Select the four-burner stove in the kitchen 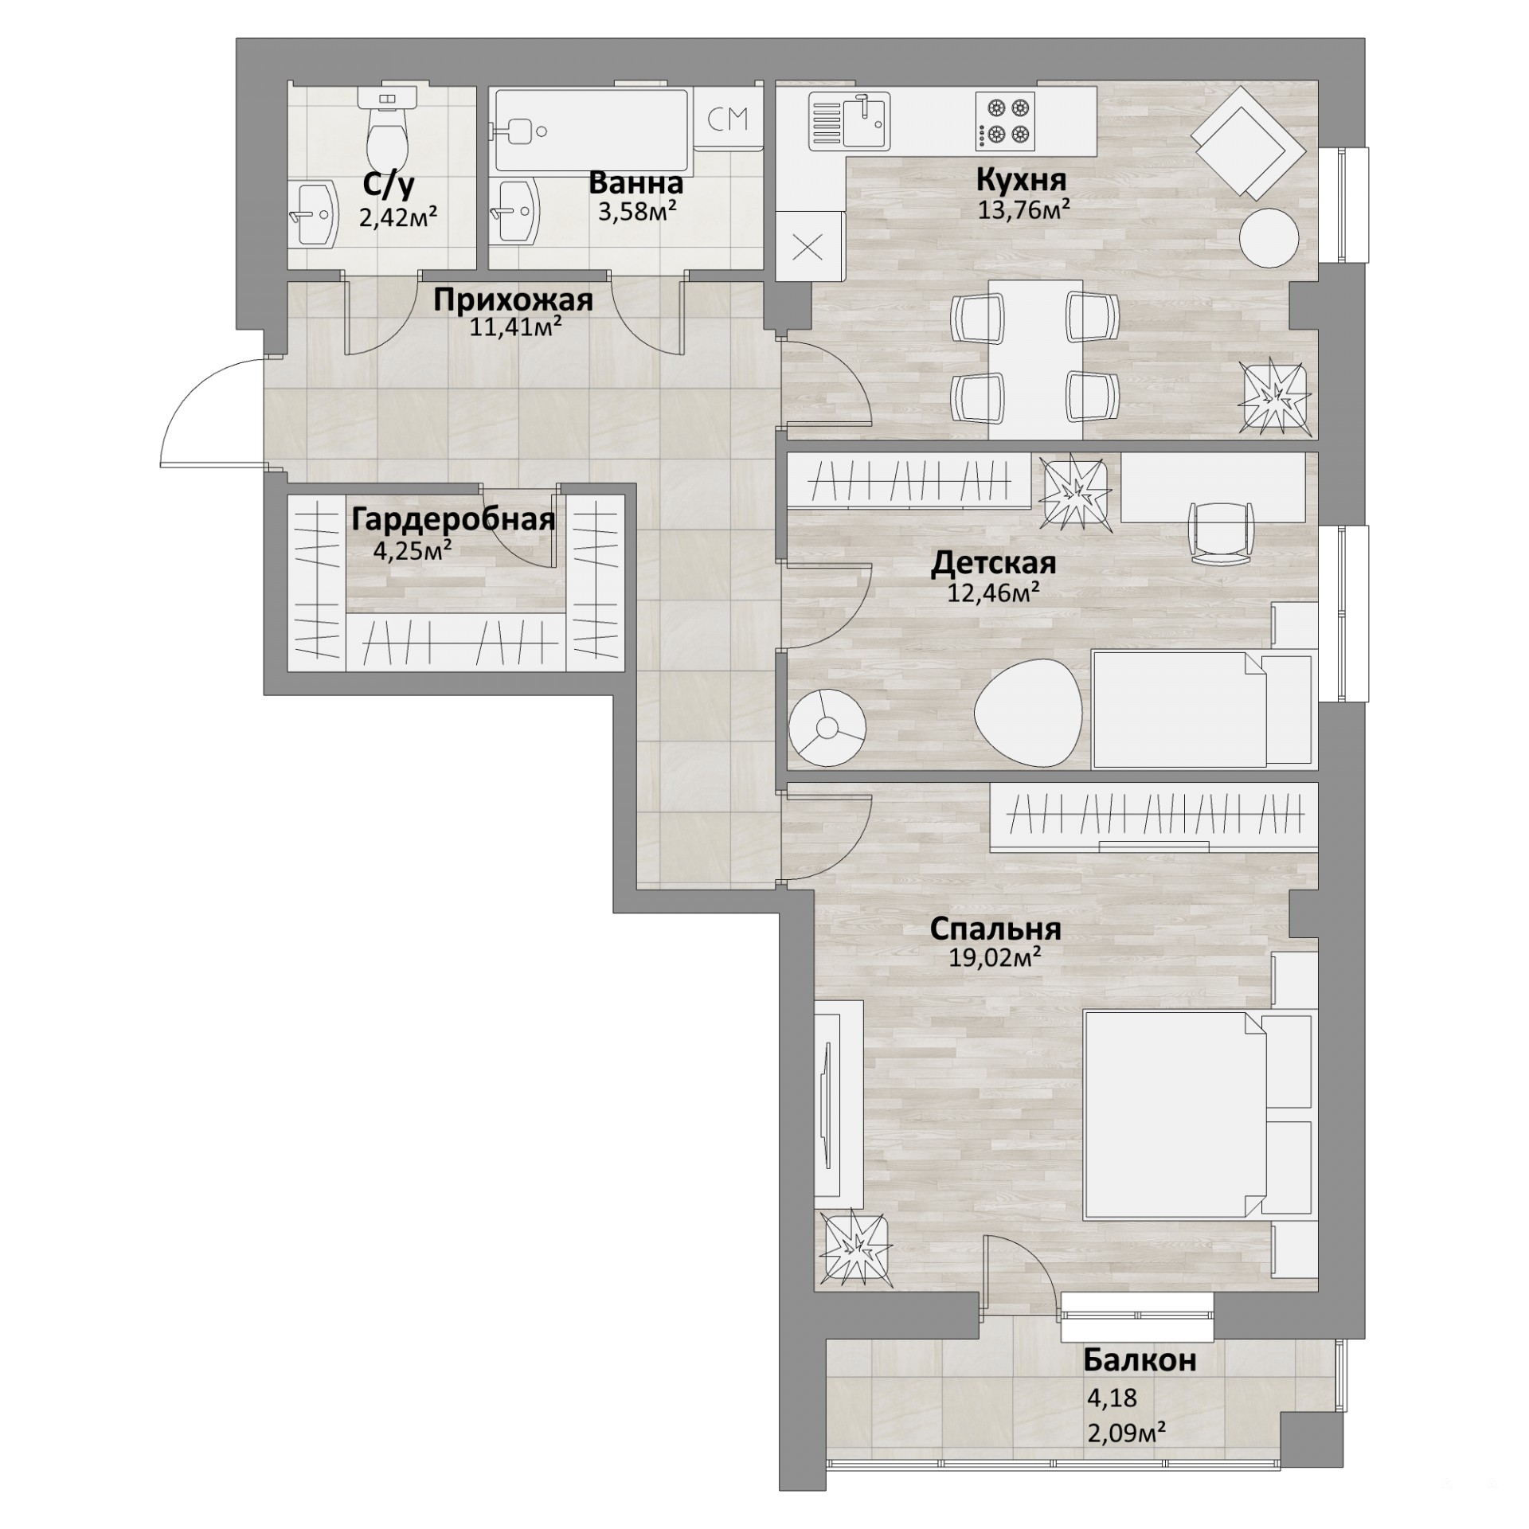(x=1005, y=121)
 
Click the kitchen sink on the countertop (x=850, y=121)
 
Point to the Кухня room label (x=1022, y=181)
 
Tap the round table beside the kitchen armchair (x=1269, y=238)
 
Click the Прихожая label (x=513, y=301)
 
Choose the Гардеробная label (x=453, y=520)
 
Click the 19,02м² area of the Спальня (x=995, y=958)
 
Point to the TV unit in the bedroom (x=839, y=1108)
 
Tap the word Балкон (x=1140, y=1361)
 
